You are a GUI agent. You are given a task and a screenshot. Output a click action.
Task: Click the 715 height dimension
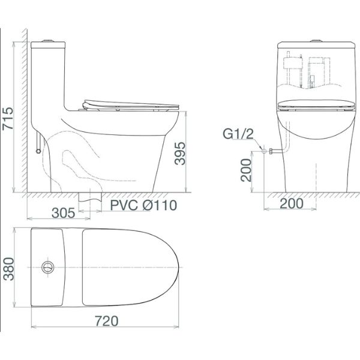8,118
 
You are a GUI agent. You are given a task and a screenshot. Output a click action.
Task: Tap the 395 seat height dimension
180,154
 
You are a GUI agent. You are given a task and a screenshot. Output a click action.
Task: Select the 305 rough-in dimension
64,213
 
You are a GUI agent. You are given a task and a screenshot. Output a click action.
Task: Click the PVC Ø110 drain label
144,205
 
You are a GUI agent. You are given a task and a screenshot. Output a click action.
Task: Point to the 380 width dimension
9,269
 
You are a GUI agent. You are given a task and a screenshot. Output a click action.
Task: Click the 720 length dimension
107,321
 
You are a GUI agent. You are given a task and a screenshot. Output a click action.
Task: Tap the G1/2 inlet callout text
238,134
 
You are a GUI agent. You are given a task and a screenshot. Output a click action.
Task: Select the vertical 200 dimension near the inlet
246,170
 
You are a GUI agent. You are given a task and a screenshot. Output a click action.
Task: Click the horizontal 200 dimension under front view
292,203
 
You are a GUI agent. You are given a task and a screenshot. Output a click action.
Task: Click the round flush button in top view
48,267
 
